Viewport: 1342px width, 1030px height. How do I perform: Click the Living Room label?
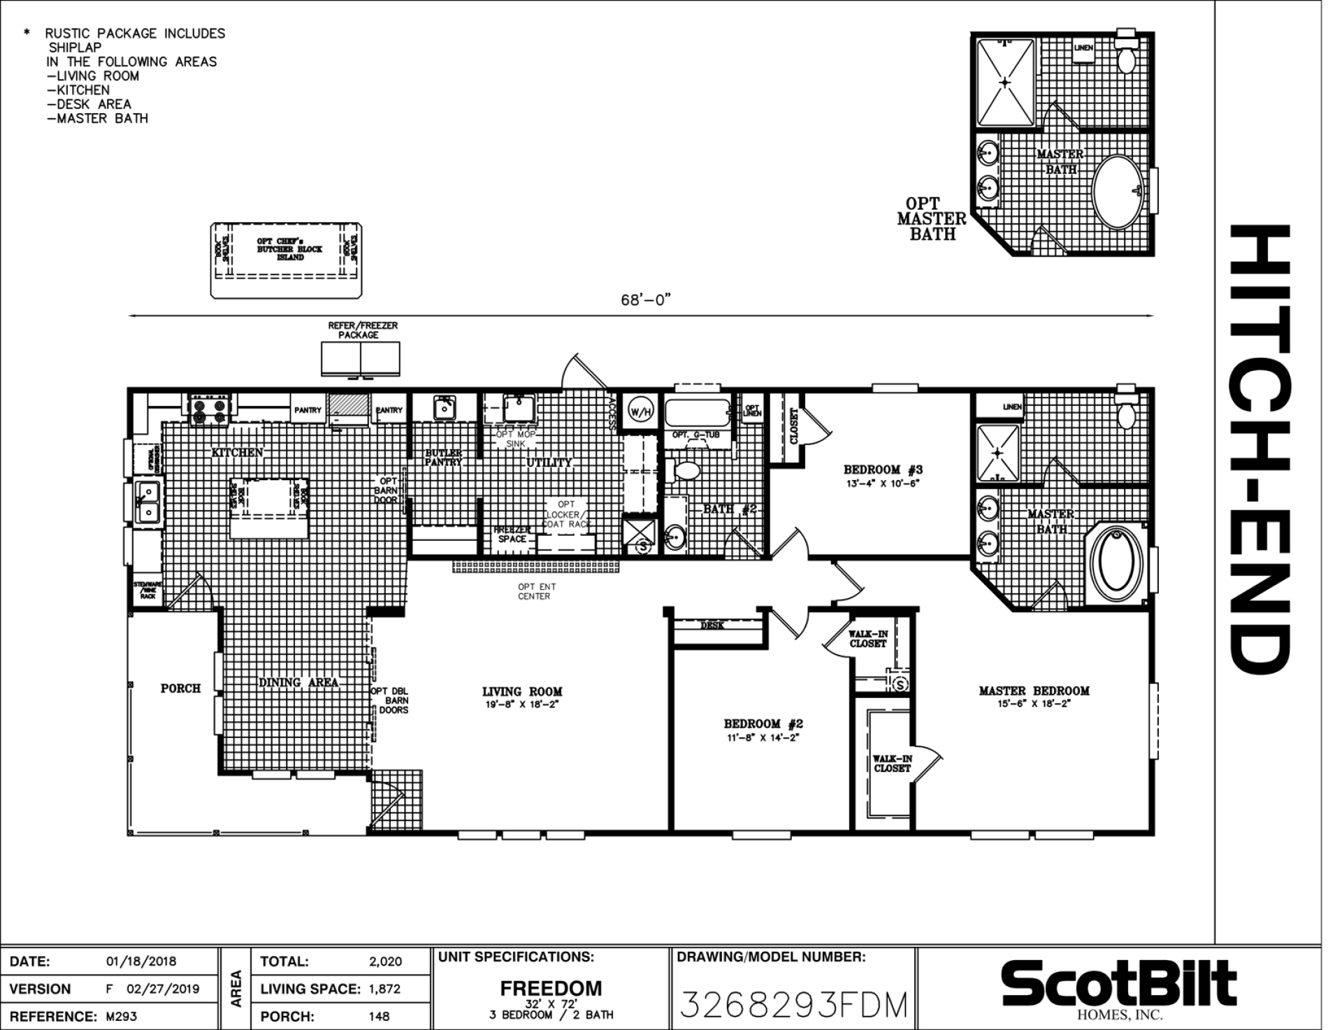coord(522,692)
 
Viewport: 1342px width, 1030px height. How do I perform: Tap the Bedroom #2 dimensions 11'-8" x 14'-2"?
coord(762,737)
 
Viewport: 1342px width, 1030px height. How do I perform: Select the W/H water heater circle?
coord(640,412)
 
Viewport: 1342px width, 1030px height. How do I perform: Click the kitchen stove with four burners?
coord(210,410)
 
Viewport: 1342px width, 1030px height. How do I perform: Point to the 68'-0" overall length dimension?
coord(645,300)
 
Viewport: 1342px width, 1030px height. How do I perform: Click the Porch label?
coord(180,688)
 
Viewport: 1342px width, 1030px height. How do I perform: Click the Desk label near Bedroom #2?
coord(712,625)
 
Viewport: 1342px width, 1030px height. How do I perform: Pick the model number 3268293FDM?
coord(793,1005)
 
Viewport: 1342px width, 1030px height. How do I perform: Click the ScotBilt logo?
coord(1118,984)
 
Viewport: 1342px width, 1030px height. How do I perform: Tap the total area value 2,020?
coord(385,962)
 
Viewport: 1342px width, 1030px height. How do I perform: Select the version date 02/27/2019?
coord(162,989)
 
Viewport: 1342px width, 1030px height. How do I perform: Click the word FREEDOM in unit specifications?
coord(551,988)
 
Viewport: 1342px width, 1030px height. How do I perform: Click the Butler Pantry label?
coord(443,458)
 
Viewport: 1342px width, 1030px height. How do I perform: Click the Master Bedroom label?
coord(1034,690)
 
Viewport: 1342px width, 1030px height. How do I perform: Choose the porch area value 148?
coord(379,1016)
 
